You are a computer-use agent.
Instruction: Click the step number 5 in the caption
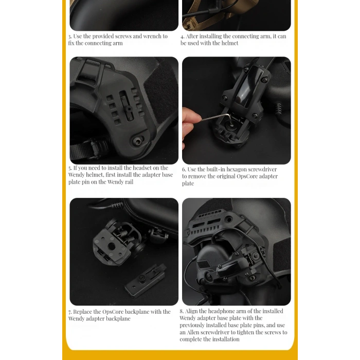coord(70,168)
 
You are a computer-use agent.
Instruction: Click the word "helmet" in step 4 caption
coord(229,43)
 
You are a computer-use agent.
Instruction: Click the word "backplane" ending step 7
coord(117,319)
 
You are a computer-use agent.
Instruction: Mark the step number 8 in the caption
coord(182,312)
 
